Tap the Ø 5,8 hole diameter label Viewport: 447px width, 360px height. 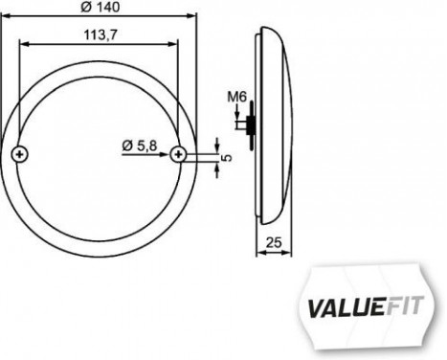coord(140,145)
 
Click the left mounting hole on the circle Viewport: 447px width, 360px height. coord(22,154)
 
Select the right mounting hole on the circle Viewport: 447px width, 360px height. coord(178,154)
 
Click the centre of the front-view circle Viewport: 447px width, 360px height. coord(100,153)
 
